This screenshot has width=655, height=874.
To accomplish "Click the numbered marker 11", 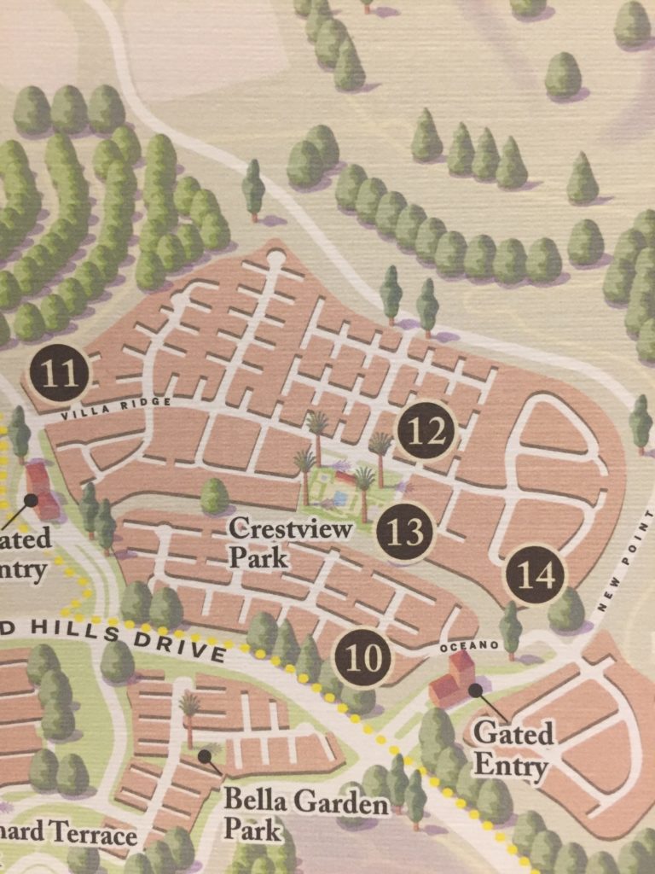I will (59, 373).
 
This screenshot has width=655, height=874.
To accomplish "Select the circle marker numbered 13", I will (404, 533).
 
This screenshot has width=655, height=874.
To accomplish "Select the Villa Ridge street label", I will (116, 408).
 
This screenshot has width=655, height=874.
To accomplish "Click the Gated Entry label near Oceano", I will (513, 749).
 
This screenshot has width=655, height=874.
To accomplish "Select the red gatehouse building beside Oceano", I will (451, 681).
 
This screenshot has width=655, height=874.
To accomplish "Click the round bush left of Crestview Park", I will (214, 495).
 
